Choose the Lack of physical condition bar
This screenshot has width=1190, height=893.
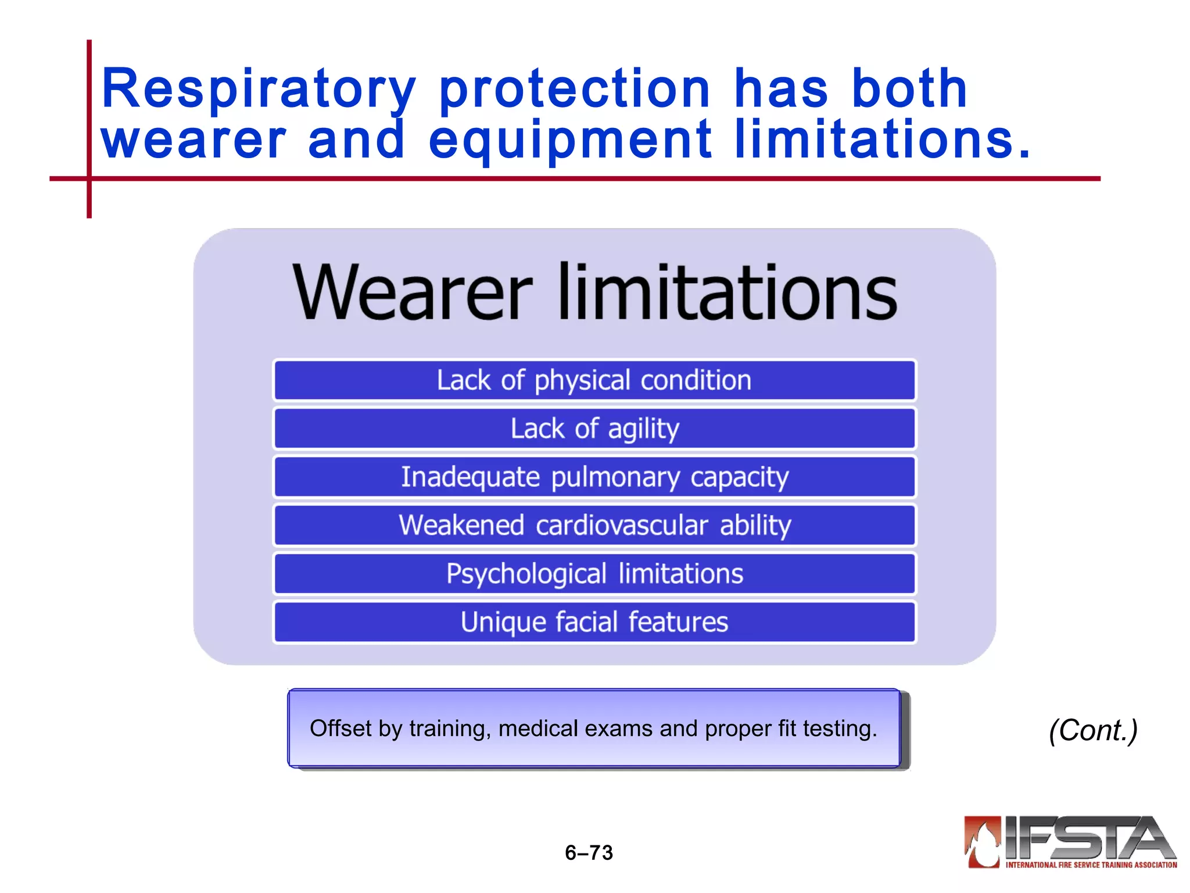click(594, 381)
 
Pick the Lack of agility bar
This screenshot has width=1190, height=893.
click(594, 429)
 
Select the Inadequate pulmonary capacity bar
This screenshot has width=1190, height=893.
click(594, 477)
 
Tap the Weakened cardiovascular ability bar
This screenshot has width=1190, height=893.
click(594, 526)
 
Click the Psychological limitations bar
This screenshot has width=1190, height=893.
click(594, 574)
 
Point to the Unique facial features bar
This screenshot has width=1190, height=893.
click(594, 622)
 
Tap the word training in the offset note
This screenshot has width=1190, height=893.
click(450, 729)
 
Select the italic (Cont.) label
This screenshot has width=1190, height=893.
click(1093, 730)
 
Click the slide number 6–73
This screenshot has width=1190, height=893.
click(589, 852)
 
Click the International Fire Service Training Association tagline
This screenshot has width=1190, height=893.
click(1091, 865)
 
